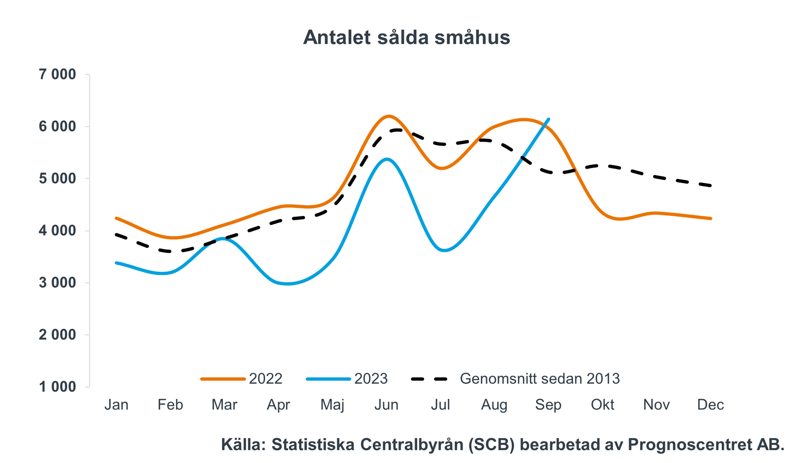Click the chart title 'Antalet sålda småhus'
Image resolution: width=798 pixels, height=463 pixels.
tap(406, 38)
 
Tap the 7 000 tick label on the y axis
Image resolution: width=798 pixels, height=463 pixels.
tap(57, 75)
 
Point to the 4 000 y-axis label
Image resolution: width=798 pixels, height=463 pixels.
tap(57, 231)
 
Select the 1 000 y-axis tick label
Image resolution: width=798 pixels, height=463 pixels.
tap(57, 387)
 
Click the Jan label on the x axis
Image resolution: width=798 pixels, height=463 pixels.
tap(117, 405)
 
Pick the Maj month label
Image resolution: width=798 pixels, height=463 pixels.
tap(332, 405)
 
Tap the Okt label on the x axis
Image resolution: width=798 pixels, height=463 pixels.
tap(602, 405)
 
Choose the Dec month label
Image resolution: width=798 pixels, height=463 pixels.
tap(710, 405)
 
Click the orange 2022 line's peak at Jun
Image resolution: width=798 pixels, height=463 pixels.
tap(388, 116)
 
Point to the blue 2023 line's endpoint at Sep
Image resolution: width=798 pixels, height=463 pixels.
tap(549, 119)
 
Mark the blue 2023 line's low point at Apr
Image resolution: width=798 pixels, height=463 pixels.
tap(287, 284)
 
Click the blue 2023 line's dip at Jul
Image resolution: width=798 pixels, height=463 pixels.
tap(444, 250)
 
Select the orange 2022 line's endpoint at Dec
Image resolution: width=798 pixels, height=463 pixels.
tap(711, 218)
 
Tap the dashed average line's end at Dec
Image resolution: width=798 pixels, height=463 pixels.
tap(711, 185)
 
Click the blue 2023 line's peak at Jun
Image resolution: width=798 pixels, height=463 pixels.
tap(387, 159)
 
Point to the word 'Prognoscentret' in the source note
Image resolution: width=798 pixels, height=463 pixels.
tap(689, 445)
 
